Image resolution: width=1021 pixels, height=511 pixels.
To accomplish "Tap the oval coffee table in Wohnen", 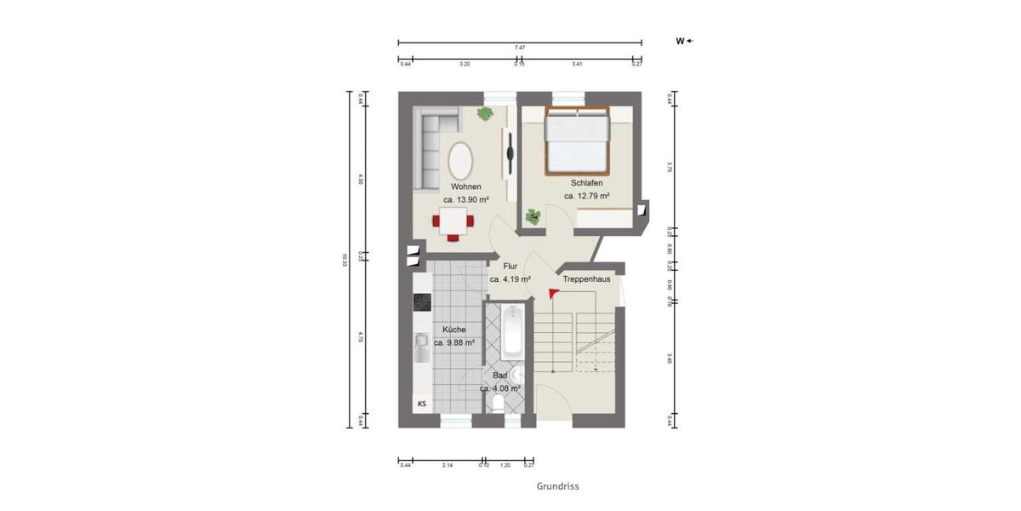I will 461,158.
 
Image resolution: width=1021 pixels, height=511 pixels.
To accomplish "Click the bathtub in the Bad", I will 511,333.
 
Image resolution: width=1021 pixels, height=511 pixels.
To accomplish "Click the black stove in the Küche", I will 422,301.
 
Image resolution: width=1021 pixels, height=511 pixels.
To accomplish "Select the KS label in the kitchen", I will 421,404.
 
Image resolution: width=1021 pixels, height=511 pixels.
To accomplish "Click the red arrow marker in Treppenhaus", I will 554,294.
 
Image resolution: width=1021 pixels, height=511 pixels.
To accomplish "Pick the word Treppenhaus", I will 586,278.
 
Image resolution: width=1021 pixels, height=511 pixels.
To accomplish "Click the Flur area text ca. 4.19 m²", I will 510,278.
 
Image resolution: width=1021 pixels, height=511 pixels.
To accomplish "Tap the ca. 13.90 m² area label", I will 466,199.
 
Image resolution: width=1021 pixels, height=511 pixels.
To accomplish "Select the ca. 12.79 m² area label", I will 587,196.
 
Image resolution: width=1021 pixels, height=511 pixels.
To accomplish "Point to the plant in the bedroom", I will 533,216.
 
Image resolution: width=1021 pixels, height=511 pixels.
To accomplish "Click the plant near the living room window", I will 486,113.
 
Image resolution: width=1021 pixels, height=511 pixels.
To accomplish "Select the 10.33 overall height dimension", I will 345,260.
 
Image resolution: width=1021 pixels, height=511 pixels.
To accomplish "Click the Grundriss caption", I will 557,486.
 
